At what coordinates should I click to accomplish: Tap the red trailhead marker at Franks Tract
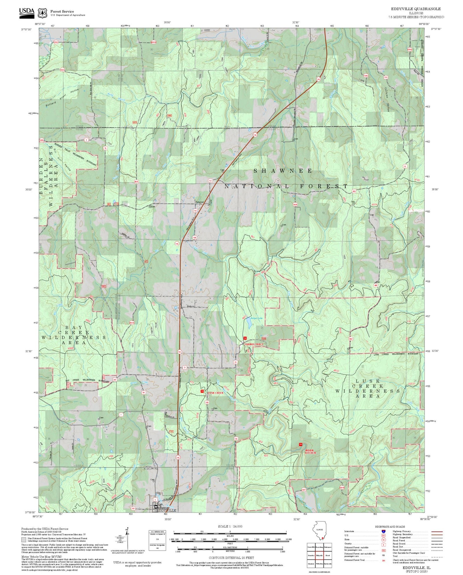click(245, 338)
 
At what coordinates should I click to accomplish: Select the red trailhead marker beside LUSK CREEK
click(202, 391)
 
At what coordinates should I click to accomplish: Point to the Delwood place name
click(200, 202)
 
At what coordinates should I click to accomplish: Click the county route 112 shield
click(210, 180)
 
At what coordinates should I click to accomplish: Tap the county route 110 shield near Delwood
click(195, 211)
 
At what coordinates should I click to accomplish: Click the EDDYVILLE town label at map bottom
click(166, 510)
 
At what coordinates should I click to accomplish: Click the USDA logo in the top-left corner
click(27, 12)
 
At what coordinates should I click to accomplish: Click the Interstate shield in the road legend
click(384, 531)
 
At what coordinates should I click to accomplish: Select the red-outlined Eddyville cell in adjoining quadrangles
click(319, 555)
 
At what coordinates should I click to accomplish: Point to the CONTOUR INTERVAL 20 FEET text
click(231, 558)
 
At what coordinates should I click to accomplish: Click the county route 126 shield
click(236, 439)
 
